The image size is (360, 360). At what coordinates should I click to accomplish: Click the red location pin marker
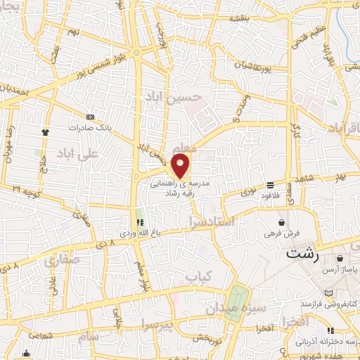[181, 166]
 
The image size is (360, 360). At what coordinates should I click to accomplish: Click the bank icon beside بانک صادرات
[90, 117]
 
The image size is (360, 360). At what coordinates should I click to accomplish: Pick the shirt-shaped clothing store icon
[46, 131]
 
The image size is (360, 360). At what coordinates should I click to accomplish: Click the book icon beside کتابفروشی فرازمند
[328, 292]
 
